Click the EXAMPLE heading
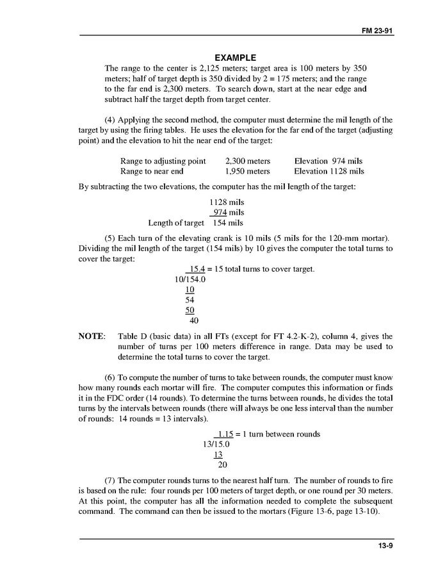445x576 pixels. coord(235,58)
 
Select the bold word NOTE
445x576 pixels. coord(92,336)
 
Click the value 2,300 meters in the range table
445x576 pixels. coord(248,161)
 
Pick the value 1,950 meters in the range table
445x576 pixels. coord(248,172)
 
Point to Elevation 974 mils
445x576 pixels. coord(329,161)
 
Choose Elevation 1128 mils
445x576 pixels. coord(329,172)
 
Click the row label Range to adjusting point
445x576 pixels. coord(163,161)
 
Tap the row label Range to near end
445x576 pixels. coord(152,172)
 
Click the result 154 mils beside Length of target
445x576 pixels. coord(228,223)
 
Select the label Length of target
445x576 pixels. coord(176,223)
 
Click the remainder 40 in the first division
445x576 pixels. coord(194,320)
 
